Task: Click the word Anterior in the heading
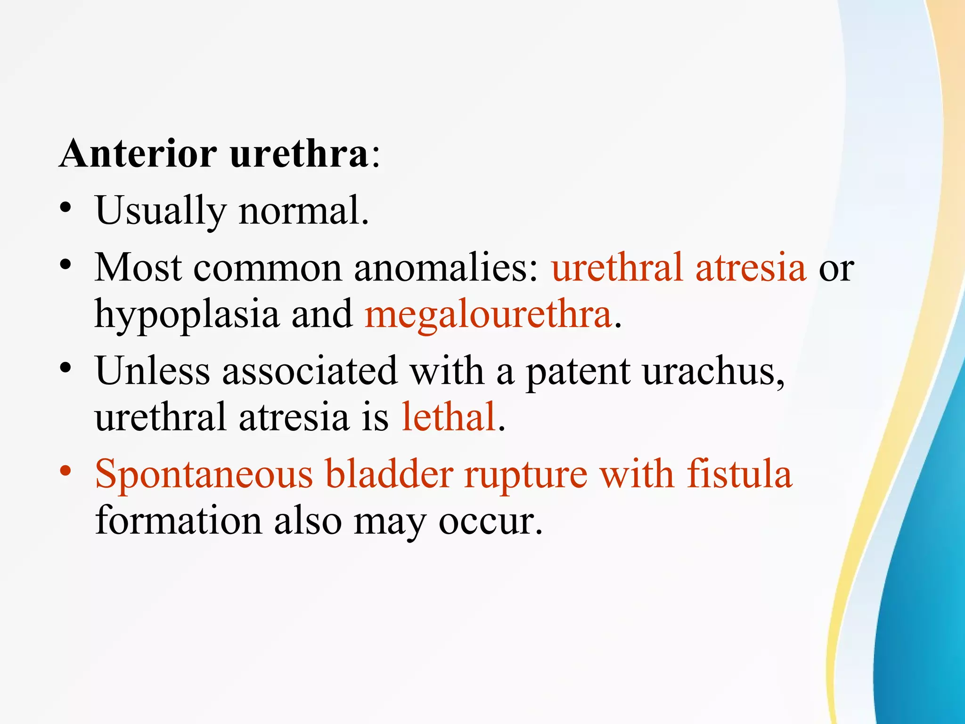click(x=138, y=154)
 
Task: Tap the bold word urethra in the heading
click(x=299, y=154)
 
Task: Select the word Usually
click(x=160, y=211)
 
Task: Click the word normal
click(x=304, y=211)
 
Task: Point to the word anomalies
click(x=446, y=268)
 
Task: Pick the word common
click(x=267, y=268)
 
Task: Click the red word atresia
click(x=751, y=268)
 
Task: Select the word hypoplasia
click(x=187, y=315)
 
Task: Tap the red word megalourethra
click(x=488, y=314)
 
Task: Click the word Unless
click(x=152, y=371)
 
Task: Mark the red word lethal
click(x=449, y=417)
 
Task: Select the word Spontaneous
click(x=204, y=475)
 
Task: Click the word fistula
click(x=739, y=474)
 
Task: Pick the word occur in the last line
click(x=490, y=521)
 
